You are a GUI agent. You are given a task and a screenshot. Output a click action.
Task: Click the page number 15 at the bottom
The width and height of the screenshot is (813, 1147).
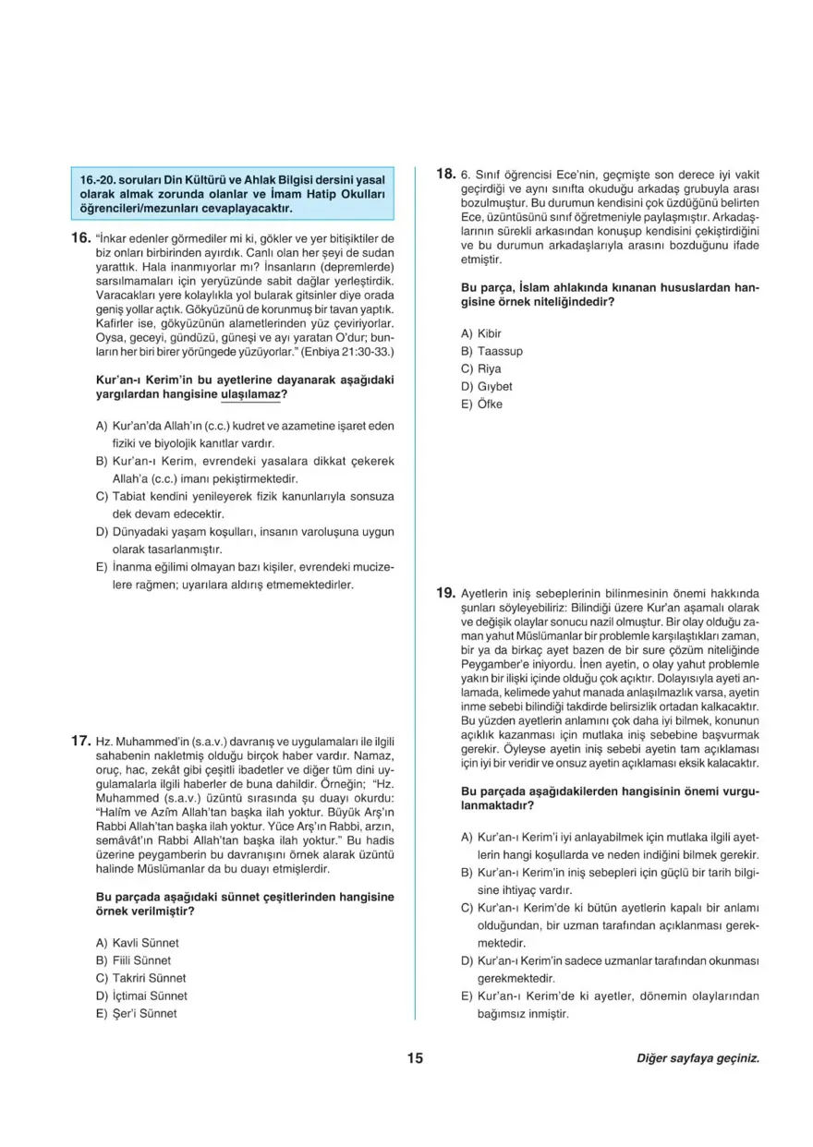(413, 1058)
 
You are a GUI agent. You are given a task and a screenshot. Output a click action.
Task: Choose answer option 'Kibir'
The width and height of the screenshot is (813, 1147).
(490, 334)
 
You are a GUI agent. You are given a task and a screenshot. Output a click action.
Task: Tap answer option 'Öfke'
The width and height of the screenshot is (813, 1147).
(490, 404)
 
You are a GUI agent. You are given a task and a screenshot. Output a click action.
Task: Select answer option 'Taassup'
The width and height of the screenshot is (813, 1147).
(500, 352)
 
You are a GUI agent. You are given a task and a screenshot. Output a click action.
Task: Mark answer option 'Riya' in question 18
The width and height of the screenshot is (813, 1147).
(489, 369)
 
